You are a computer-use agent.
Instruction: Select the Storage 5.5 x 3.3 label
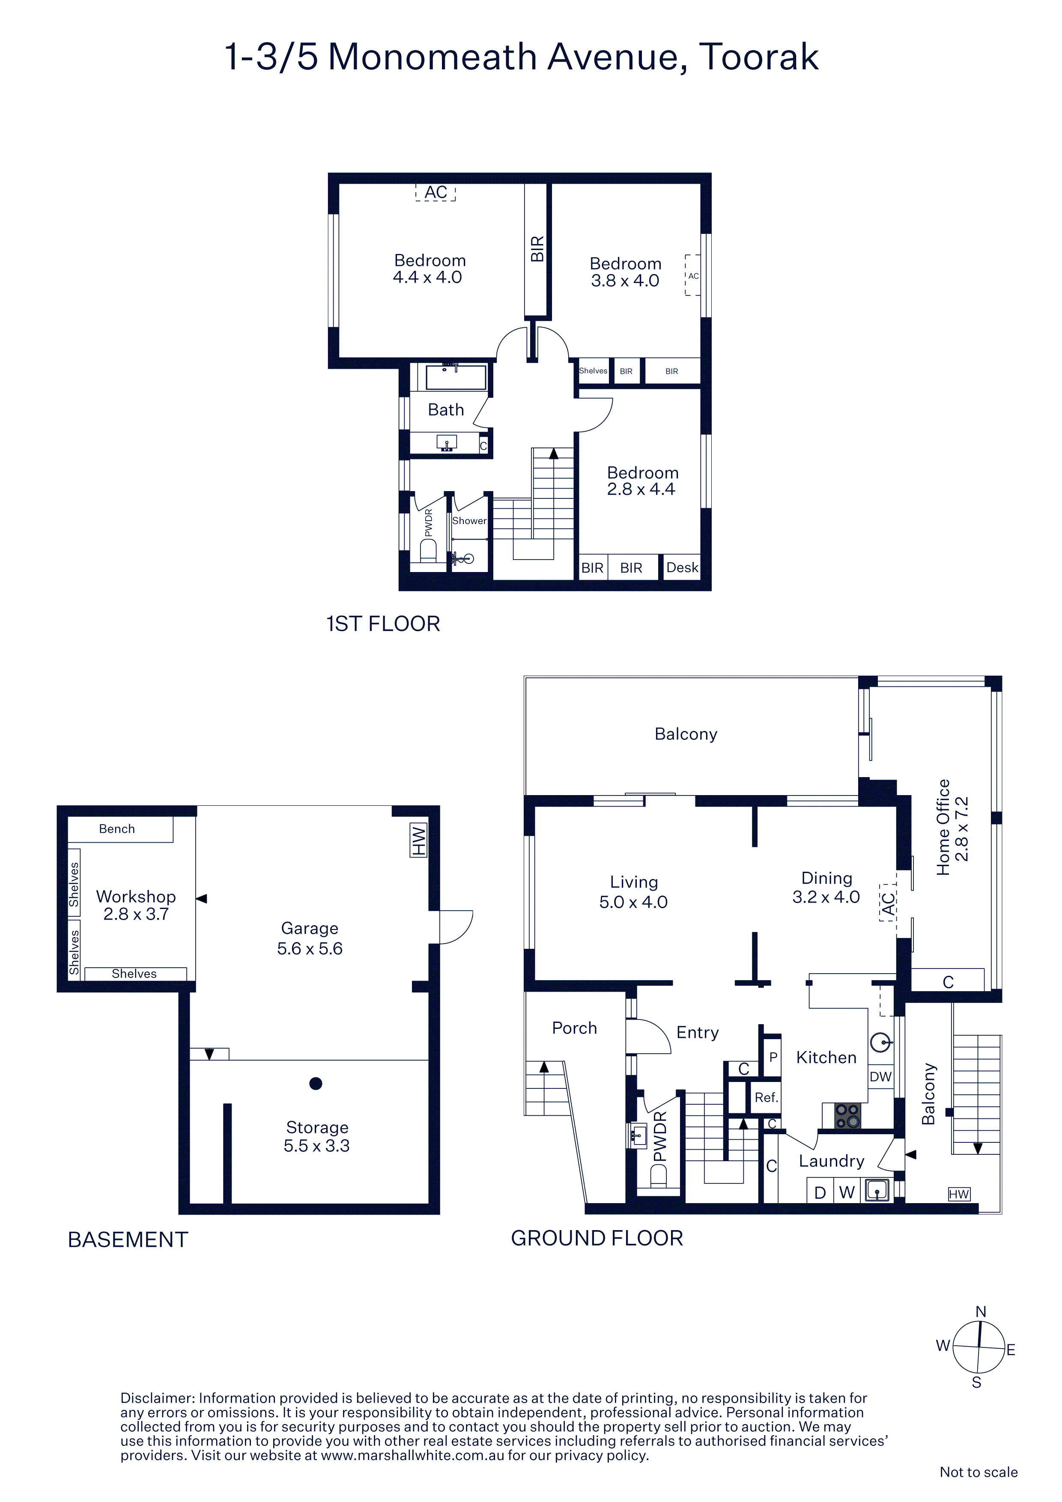pyautogui.click(x=317, y=1136)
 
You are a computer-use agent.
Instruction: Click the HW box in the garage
pyautogui.click(x=418, y=840)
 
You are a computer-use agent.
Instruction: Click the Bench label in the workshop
pyautogui.click(x=117, y=829)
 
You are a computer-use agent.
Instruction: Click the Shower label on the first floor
pyautogui.click(x=469, y=521)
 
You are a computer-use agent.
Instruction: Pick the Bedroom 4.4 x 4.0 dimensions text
pyautogui.click(x=427, y=277)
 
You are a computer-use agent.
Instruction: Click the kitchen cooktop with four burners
pyautogui.click(x=847, y=1116)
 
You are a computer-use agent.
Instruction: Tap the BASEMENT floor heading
pyautogui.click(x=128, y=1240)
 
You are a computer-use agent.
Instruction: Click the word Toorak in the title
pyautogui.click(x=759, y=57)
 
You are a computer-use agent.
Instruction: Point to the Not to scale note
pyautogui.click(x=978, y=1472)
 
